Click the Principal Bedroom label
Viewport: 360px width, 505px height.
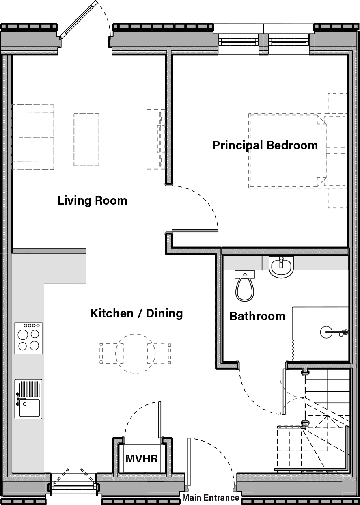[x=265, y=145]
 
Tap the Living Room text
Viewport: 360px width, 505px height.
[x=92, y=200]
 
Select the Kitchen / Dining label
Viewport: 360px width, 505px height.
[x=136, y=313]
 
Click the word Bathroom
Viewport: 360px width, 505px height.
[x=257, y=316]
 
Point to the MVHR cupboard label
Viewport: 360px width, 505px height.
[x=141, y=459]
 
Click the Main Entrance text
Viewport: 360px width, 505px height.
[x=211, y=498]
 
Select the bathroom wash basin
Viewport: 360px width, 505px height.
[x=281, y=268]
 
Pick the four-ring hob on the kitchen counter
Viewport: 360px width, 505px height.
[x=28, y=338]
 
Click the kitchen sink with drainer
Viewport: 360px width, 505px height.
[x=28, y=399]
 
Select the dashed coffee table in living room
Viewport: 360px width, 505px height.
[x=86, y=139]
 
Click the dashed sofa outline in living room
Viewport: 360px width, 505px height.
[x=33, y=137]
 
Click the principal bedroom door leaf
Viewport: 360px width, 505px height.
[x=195, y=231]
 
